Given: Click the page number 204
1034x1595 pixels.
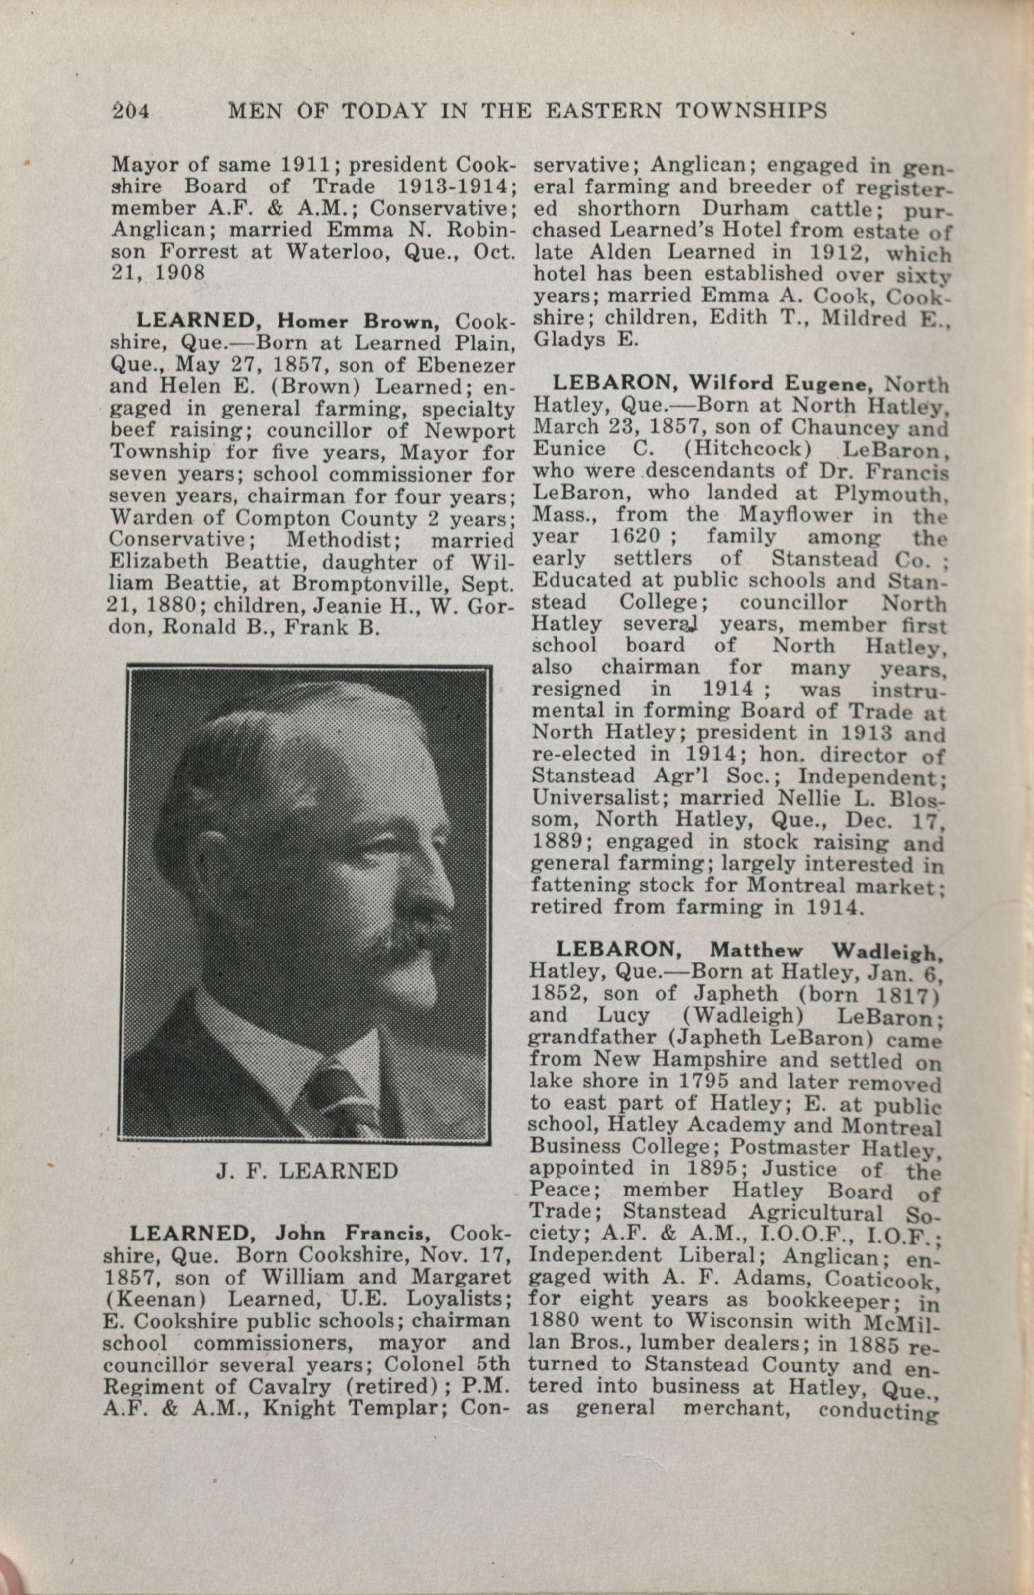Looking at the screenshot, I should pos(131,110).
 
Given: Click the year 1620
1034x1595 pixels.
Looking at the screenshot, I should pos(633,537).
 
